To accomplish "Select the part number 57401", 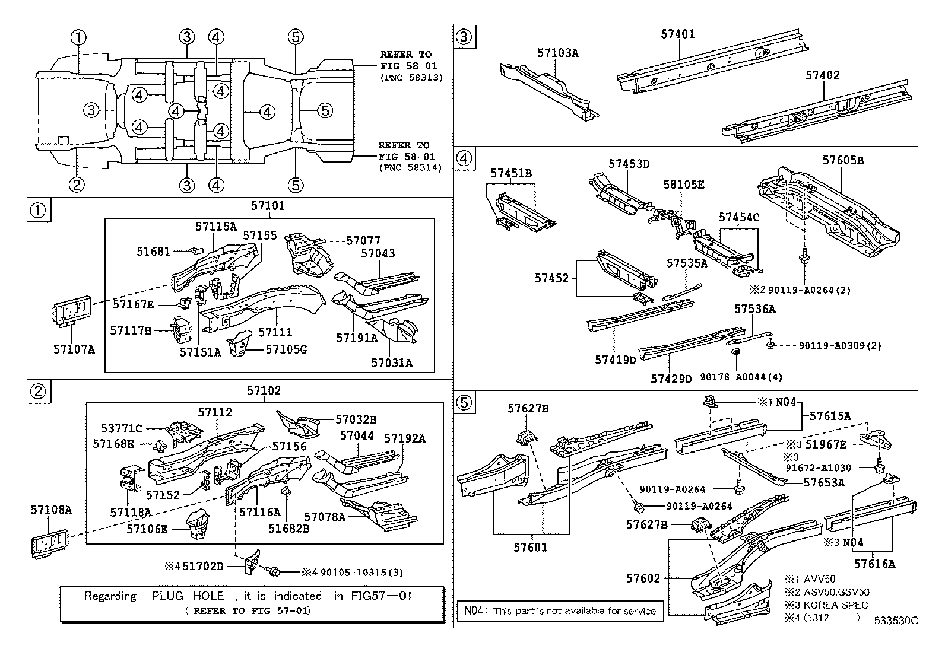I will click(677, 34).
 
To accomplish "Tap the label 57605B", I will click(843, 161).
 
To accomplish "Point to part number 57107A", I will click(74, 349).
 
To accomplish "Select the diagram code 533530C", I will click(895, 621).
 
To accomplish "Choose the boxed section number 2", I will click(37, 390).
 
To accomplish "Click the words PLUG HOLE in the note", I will click(188, 596).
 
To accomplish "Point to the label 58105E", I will click(683, 185).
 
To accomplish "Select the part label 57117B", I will click(131, 330).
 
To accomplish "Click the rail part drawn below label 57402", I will click(813, 112).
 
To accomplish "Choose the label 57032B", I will click(356, 419).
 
